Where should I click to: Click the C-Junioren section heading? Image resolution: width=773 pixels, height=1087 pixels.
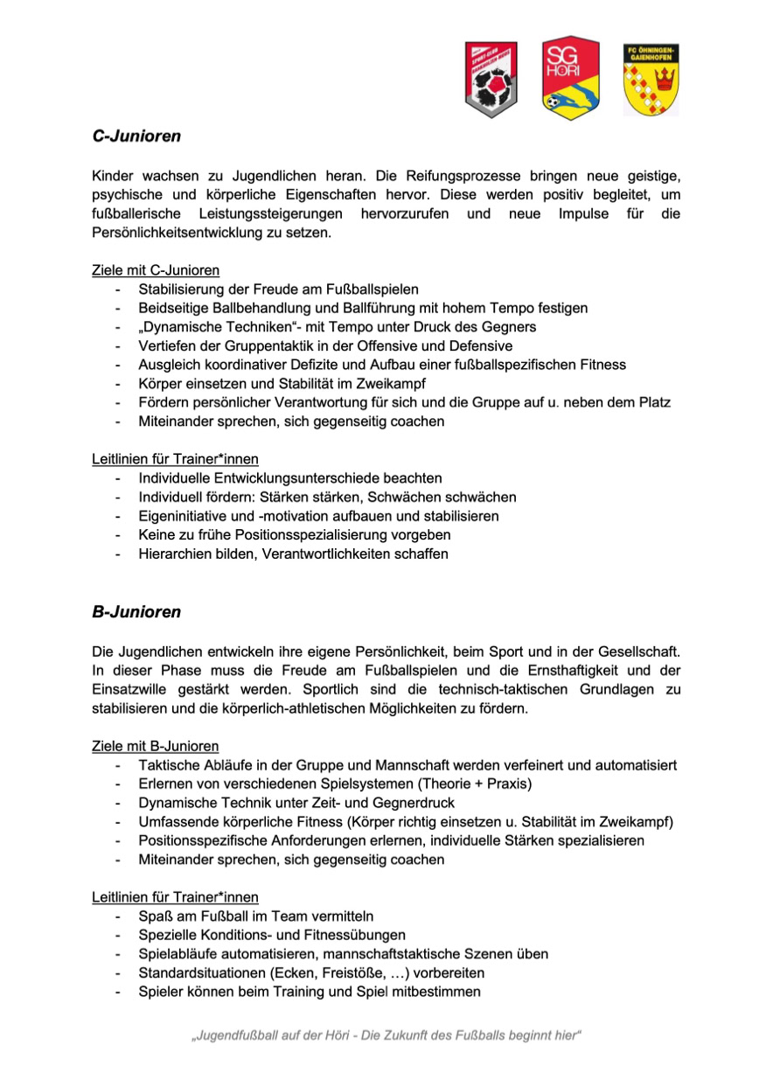pyautogui.click(x=136, y=136)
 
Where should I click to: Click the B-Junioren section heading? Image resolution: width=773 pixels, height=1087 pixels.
pyautogui.click(x=136, y=611)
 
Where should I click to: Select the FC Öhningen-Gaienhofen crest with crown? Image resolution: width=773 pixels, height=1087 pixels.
pyautogui.click(x=651, y=80)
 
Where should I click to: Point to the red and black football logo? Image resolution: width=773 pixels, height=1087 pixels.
pyautogui.click(x=491, y=80)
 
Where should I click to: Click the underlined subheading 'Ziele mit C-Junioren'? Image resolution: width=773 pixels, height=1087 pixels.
pyautogui.click(x=156, y=270)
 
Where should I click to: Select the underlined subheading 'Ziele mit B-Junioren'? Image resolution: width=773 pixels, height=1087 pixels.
pyautogui.click(x=156, y=746)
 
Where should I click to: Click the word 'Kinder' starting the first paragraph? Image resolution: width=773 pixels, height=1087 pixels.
pyautogui.click(x=113, y=177)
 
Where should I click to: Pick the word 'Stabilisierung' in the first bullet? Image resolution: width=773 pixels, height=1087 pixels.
pyautogui.click(x=180, y=289)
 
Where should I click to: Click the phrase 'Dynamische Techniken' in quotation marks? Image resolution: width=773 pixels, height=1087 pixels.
pyautogui.click(x=206, y=327)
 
